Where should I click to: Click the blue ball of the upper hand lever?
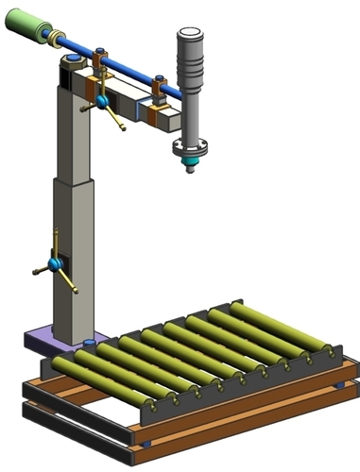[101, 100]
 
